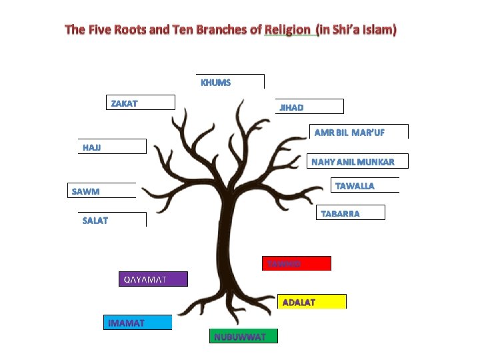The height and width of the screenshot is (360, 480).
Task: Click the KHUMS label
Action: tap(216, 83)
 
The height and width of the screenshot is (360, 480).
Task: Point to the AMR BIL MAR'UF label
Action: tap(350, 132)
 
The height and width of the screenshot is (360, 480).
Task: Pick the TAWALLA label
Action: tap(355, 185)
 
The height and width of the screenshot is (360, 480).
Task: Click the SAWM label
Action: tap(86, 191)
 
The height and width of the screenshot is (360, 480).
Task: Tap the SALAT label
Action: tap(95, 220)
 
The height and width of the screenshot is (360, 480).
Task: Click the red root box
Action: tap(297, 263)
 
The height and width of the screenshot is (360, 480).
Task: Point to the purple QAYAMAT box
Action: tap(153, 279)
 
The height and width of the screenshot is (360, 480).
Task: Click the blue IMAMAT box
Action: tap(137, 323)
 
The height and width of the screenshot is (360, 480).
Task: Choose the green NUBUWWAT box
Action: tap(243, 336)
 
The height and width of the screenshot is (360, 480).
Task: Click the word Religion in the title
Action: tap(287, 29)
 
